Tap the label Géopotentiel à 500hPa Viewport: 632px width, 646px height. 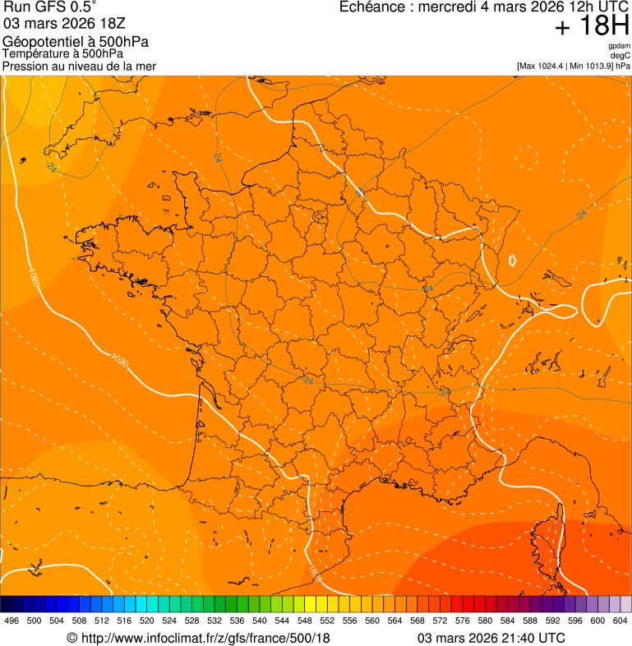coord(76,42)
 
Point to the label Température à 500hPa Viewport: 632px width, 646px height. coord(62,53)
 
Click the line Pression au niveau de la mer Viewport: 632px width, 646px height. coord(79,66)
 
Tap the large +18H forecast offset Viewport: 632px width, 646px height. coord(592,26)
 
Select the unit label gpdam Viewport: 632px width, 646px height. coord(620,46)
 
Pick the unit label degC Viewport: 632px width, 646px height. coord(621,56)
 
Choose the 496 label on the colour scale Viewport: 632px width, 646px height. coord(12,621)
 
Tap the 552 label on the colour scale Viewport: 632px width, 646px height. coord(326,621)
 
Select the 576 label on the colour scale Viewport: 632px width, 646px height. coord(462,621)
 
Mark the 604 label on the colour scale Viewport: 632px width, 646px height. coord(620,621)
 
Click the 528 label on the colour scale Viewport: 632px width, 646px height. coord(191,621)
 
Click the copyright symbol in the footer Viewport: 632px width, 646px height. coord(72,638)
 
